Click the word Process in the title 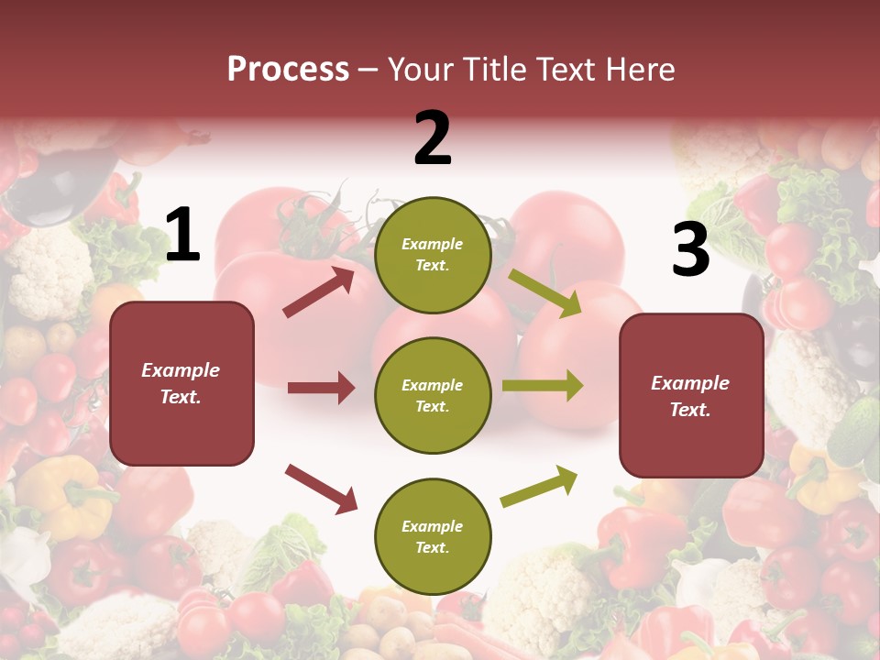(288, 69)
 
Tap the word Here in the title (639, 69)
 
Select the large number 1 (182, 236)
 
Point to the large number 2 (433, 138)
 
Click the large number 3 (690, 250)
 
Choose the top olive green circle (433, 255)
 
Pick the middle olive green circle (433, 395)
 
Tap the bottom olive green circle (433, 536)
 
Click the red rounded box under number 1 (181, 383)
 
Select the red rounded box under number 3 (691, 396)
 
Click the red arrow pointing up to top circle (319, 292)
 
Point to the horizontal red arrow (321, 388)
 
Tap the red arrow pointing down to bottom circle (321, 488)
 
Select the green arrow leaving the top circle (544, 293)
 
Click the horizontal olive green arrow (542, 385)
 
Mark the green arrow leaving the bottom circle (539, 487)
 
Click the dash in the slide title (368, 69)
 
